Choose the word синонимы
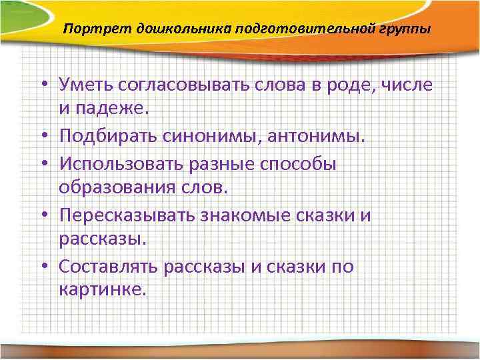pyautogui.click(x=198, y=136)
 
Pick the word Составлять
pyautogui.click(x=110, y=267)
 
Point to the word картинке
pyautogui.click(x=101, y=290)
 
